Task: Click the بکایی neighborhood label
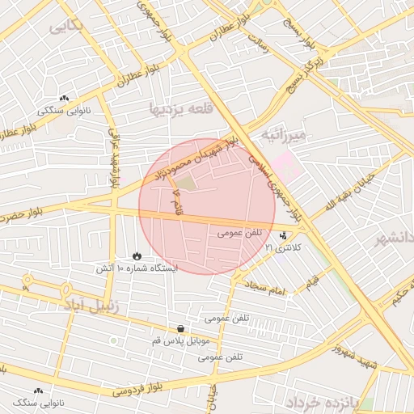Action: (x=66, y=27)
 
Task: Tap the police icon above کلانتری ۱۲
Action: (x=283, y=236)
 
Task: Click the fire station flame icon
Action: (x=136, y=256)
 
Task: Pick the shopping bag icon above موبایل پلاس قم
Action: (x=180, y=329)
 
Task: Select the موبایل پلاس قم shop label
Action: (x=180, y=341)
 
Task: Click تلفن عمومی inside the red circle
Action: (x=240, y=233)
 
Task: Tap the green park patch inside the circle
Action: (x=186, y=184)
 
